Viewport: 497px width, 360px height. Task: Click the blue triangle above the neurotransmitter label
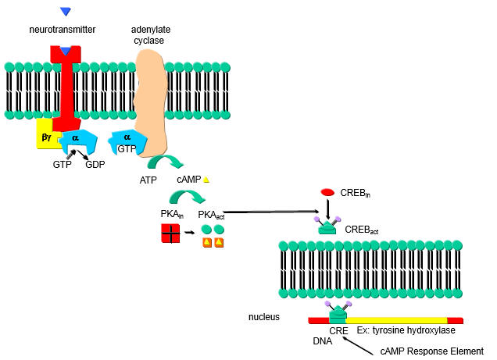click(66, 11)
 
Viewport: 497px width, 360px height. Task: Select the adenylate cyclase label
click(151, 34)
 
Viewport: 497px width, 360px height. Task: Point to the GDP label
click(95, 165)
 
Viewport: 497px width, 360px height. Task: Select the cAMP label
click(188, 180)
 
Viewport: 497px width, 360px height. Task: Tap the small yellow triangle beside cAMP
click(206, 180)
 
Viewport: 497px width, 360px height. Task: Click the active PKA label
click(212, 214)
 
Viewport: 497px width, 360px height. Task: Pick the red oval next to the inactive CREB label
click(328, 192)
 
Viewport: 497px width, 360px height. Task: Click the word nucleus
click(264, 317)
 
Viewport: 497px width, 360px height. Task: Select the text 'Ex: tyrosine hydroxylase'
click(395, 331)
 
